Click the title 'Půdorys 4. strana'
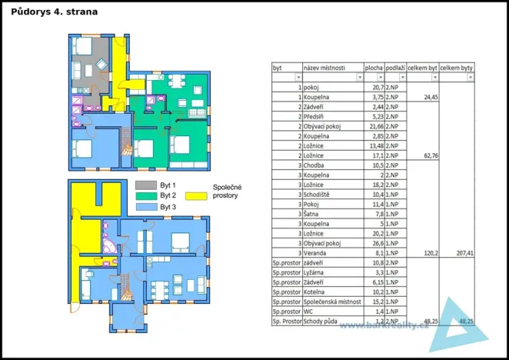click(x=55, y=12)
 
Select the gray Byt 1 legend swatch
click(x=145, y=185)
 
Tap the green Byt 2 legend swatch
click(x=145, y=196)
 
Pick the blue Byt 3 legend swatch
click(x=145, y=207)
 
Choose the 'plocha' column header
click(x=374, y=68)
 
